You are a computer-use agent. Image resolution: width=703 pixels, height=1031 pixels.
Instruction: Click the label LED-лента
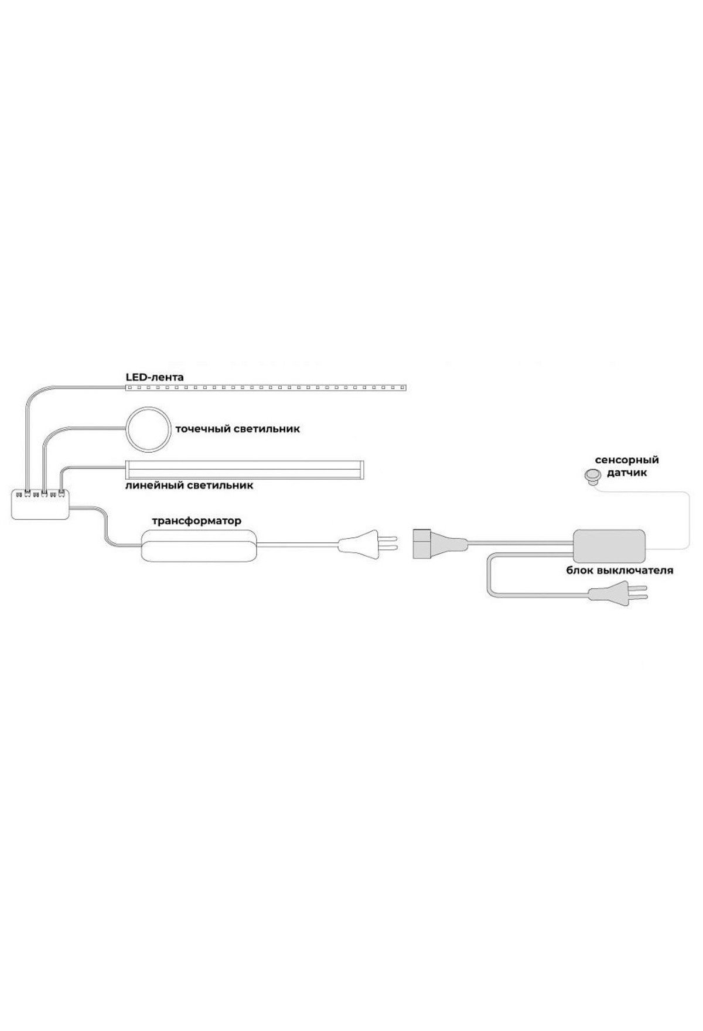155,377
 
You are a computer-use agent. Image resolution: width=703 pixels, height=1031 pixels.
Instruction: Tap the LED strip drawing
267,388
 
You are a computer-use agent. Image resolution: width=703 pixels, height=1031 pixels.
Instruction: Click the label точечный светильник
238,429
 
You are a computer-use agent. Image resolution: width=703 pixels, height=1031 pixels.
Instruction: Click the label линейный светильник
189,486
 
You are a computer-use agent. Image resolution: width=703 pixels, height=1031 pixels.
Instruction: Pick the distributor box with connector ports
41,504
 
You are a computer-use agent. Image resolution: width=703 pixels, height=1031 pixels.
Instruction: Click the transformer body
199,545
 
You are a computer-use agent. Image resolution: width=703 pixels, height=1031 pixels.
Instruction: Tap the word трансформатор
197,521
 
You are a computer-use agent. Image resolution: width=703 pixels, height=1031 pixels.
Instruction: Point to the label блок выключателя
619,570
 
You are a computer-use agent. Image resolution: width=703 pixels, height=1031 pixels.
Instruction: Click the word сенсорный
627,460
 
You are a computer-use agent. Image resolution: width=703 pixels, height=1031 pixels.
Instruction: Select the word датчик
627,473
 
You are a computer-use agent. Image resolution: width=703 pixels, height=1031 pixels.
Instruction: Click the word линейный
154,486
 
